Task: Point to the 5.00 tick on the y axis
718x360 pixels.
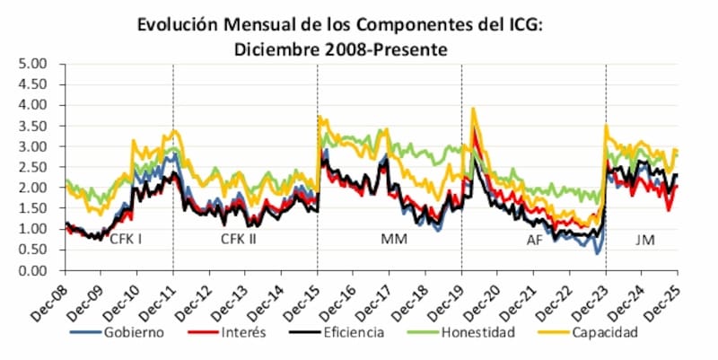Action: [33, 64]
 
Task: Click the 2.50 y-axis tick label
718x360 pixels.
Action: [33, 167]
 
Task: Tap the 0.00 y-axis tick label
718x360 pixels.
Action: [33, 270]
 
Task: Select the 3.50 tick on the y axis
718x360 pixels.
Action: [33, 126]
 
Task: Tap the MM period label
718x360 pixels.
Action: [391, 240]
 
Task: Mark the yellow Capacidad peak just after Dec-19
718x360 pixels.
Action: [473, 110]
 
